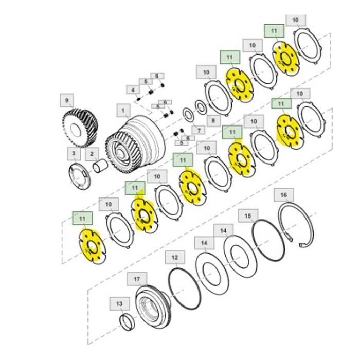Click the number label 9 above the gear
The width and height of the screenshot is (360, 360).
(x=66, y=98)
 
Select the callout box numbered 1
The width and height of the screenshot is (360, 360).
(x=123, y=110)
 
